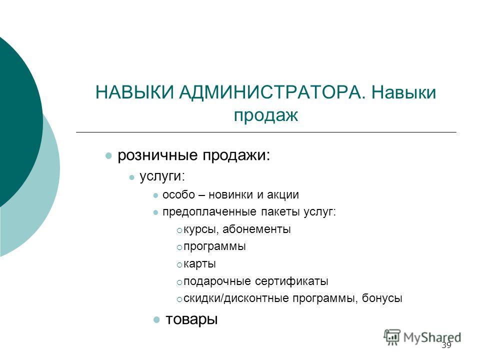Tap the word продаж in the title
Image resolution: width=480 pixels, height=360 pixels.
(265, 115)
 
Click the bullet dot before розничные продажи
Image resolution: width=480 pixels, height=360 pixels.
(108, 156)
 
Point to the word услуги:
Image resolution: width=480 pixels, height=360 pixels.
(162, 177)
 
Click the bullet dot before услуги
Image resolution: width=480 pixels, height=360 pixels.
(132, 177)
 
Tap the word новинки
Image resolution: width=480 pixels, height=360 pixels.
(231, 194)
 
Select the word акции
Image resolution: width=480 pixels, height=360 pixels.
(283, 195)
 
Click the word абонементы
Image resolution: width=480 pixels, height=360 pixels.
(256, 229)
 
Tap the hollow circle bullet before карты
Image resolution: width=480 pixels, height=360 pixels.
(179, 265)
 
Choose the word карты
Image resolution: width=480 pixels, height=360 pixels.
(199, 264)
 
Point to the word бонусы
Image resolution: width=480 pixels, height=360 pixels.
(382, 298)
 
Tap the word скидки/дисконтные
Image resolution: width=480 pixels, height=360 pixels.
(236, 298)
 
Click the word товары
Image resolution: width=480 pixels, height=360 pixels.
(191, 319)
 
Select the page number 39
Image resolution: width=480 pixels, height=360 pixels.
(446, 345)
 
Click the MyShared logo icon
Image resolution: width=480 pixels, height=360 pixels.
(392, 337)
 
